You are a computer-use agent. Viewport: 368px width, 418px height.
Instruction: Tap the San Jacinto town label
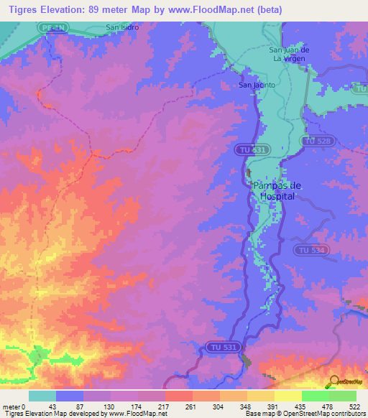257,85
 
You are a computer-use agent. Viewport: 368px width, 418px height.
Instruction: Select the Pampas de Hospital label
277,190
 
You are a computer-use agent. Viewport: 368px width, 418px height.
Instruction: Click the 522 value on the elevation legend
354,407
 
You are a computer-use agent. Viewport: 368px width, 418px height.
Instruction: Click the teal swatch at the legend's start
42,396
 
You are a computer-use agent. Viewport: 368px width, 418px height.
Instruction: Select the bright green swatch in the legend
316,396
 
